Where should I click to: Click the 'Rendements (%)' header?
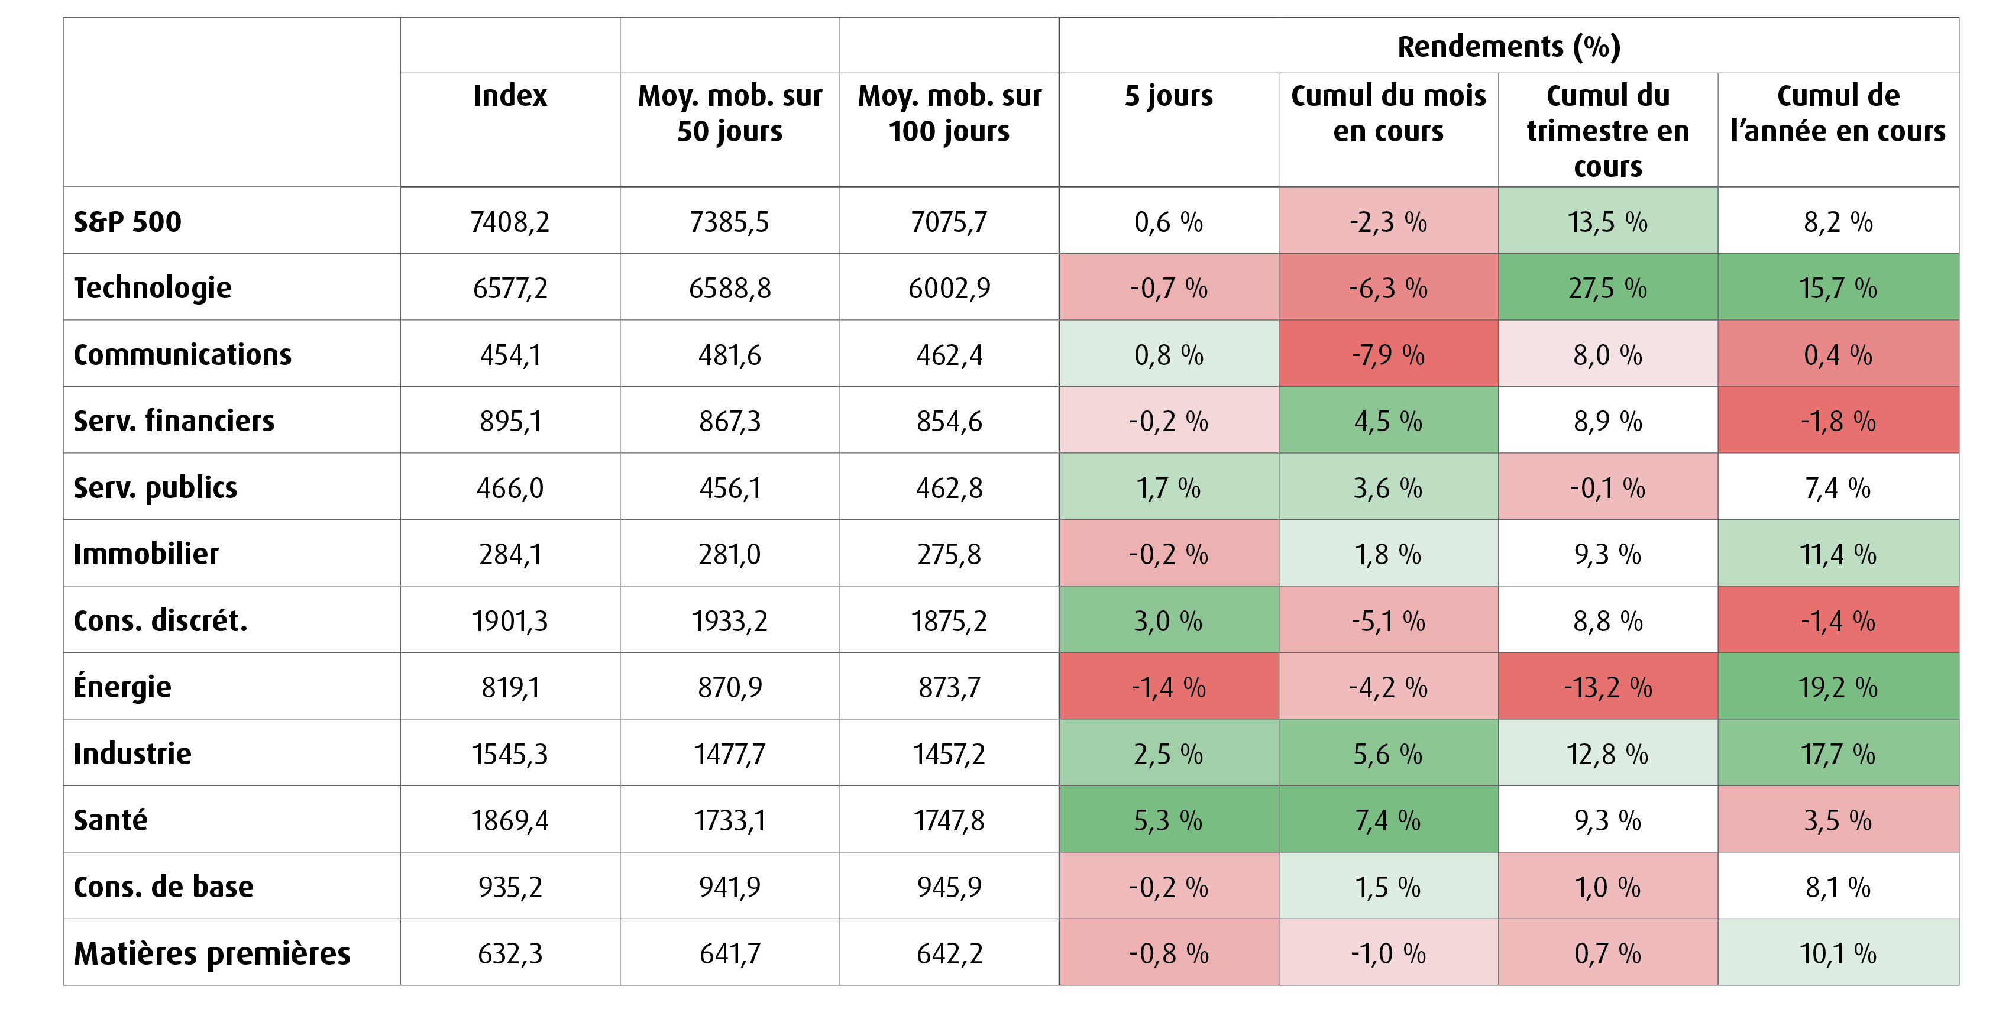point(1509,47)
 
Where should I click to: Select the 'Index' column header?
point(510,95)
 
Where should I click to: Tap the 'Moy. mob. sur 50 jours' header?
point(730,113)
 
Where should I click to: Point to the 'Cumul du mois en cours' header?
point(1389,113)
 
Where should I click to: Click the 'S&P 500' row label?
point(127,222)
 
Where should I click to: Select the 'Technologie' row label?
point(153,288)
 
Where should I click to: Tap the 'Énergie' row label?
point(122,687)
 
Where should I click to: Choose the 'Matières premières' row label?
point(212,953)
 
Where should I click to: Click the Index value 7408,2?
point(510,222)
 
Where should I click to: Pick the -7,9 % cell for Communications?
point(1389,355)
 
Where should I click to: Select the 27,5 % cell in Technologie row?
point(1608,288)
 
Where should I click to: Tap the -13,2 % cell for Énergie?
point(1608,687)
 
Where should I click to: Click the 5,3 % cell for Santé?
point(1169,820)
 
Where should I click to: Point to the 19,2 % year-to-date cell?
point(1838,687)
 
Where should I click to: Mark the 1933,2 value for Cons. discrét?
point(730,621)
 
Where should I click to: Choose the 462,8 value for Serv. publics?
point(949,488)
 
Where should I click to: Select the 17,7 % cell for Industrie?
point(1838,754)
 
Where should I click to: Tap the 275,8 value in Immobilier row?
point(949,555)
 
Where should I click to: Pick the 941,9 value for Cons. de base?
point(730,887)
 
